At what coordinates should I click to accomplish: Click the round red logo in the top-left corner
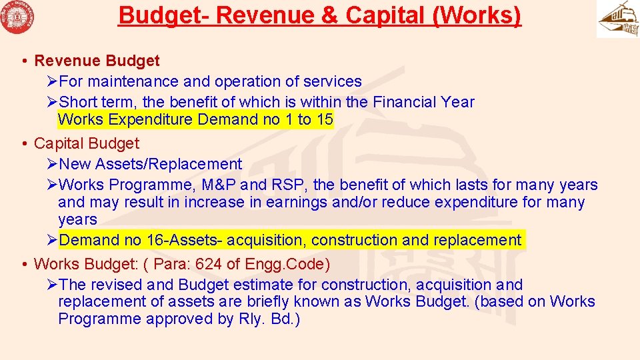[18, 18]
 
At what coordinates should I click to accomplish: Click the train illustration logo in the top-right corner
[617, 19]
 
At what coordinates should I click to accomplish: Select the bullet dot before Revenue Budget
[23, 61]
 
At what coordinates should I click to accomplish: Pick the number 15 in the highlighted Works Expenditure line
[325, 119]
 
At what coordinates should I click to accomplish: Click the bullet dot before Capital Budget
[23, 143]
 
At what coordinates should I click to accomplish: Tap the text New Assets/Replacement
[151, 164]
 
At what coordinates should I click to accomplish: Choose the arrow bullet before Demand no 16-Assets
[53, 240]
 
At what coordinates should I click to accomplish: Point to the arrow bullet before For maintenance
[53, 81]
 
